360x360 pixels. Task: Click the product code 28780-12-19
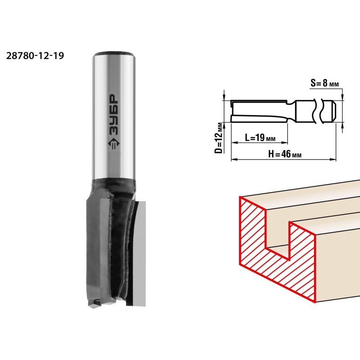click(x=35, y=56)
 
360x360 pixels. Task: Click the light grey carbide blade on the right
click(x=137, y=253)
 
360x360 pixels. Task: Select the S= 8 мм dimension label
click(x=324, y=83)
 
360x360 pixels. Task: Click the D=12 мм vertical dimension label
click(x=220, y=138)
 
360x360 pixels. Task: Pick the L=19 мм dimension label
click(x=260, y=138)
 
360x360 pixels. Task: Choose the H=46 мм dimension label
click(x=285, y=154)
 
